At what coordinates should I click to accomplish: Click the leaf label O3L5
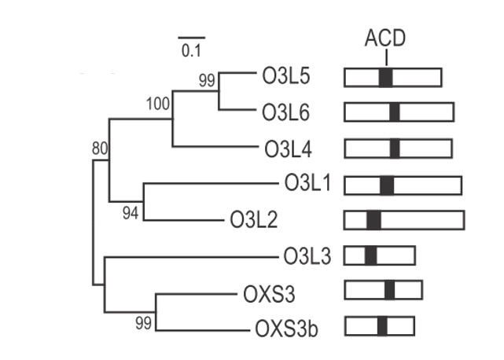[286, 77]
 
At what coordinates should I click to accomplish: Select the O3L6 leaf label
[287, 112]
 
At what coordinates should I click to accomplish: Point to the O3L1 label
[308, 184]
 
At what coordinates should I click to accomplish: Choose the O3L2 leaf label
[254, 220]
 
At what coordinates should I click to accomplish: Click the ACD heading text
[384, 38]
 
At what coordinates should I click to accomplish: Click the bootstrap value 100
[158, 103]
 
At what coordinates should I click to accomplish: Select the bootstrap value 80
[100, 147]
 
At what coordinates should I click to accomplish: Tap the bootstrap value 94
[130, 214]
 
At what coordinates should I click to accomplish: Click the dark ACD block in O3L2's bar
[373, 220]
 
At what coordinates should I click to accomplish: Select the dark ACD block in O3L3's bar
[370, 255]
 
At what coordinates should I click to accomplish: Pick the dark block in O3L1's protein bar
[386, 184]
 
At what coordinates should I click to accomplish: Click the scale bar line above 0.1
[191, 37]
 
